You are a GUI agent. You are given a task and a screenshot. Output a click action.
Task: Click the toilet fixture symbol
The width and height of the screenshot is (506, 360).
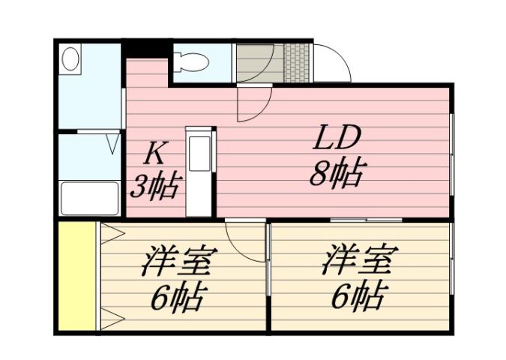tap(188, 62)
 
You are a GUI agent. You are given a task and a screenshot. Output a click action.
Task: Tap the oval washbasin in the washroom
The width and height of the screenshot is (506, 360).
tap(71, 59)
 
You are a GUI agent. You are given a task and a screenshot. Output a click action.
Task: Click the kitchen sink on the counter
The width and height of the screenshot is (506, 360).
tap(200, 154)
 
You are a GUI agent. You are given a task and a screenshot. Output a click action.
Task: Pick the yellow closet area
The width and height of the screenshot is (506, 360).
tap(78, 275)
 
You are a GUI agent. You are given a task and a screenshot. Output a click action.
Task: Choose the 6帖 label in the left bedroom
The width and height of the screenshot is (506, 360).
tap(178, 298)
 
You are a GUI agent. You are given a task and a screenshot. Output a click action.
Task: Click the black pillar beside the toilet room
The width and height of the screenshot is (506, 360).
tap(146, 49)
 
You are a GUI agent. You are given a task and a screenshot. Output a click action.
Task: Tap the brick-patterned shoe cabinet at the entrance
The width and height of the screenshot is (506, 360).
tap(297, 63)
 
